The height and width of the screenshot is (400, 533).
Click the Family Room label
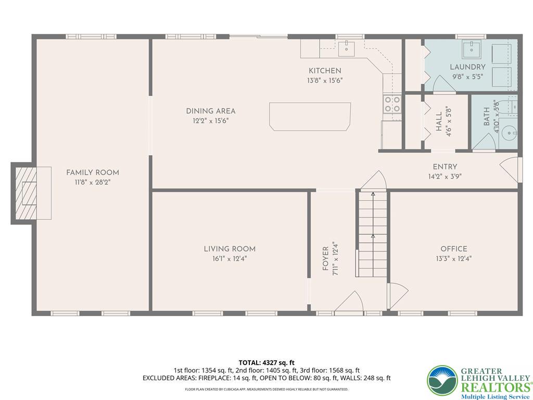pyautogui.click(x=92, y=172)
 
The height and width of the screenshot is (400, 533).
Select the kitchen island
pyautogui.click(x=310, y=116)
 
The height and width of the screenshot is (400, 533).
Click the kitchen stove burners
pyautogui.click(x=391, y=104)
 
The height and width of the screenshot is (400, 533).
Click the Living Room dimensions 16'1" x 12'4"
pyautogui.click(x=229, y=258)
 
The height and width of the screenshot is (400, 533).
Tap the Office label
pyautogui.click(x=453, y=249)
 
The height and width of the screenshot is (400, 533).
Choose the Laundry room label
pyautogui.click(x=467, y=67)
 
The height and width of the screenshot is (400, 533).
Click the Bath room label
pyautogui.click(x=487, y=117)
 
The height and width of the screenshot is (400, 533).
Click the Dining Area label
pyautogui.click(x=210, y=111)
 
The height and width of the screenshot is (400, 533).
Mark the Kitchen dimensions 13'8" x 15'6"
pyautogui.click(x=325, y=80)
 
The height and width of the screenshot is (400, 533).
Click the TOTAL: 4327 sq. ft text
pyautogui.click(x=266, y=362)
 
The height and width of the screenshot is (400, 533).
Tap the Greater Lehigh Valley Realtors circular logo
pyautogui.click(x=442, y=380)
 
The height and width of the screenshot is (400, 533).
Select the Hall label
pyautogui.click(x=439, y=121)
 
